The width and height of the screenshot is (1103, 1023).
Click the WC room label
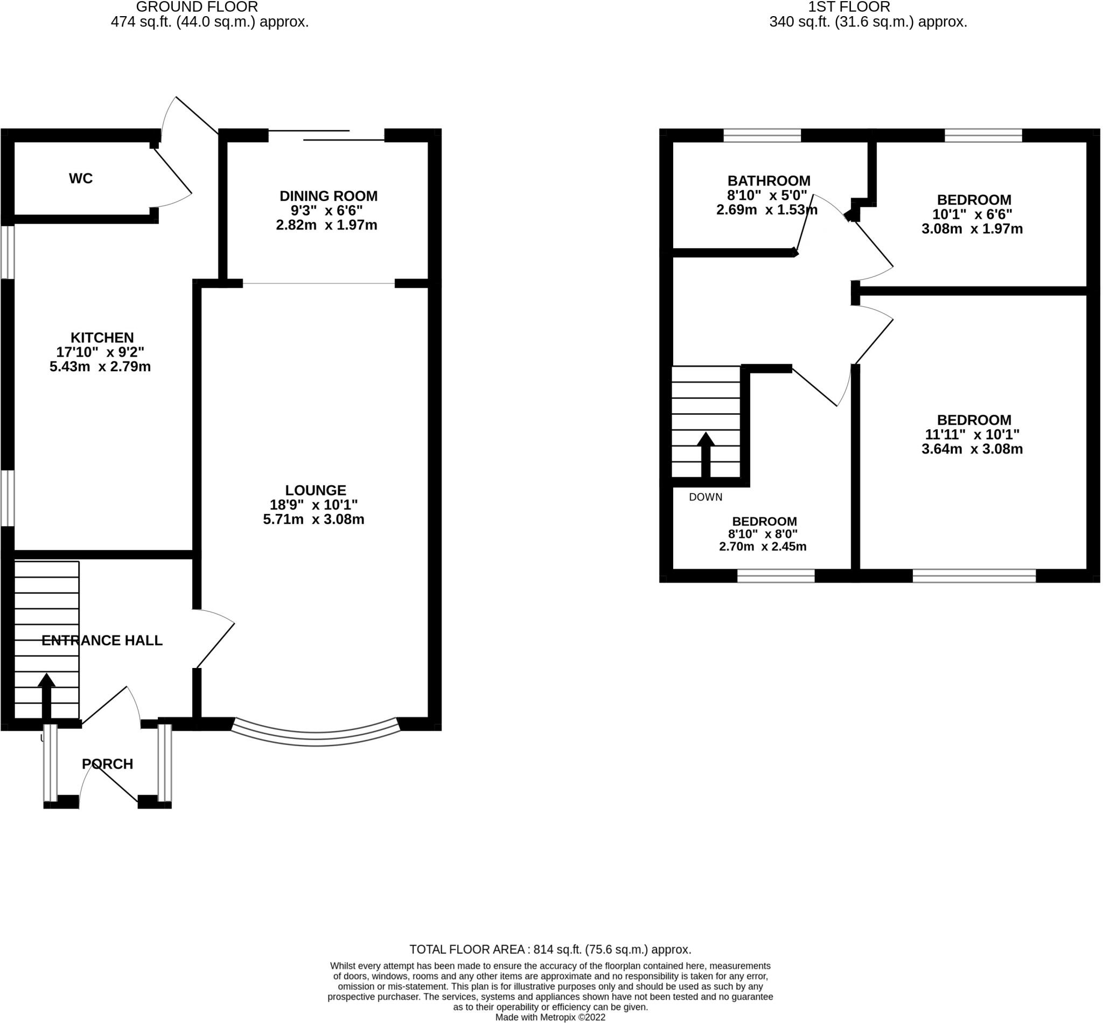pos(81,178)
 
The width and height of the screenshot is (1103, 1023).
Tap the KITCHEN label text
pos(102,337)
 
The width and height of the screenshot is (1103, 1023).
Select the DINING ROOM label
pos(328,196)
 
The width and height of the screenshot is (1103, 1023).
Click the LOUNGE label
pos(316,490)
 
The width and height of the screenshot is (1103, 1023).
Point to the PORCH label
pos(107,764)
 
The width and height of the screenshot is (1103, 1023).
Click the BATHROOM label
pos(769,180)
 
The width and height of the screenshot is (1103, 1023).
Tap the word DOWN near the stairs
pos(706,497)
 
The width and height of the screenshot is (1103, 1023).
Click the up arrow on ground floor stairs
pos(46,697)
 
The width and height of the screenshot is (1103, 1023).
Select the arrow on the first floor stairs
pos(706,455)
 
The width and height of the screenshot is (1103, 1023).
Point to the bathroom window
pos(762,135)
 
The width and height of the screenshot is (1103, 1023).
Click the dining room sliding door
pos(326,135)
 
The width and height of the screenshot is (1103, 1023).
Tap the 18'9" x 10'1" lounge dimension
pos(313,505)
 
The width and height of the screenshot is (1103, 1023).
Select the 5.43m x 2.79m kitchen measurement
pos(100,366)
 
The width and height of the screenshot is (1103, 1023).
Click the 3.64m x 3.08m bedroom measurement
pos(972,449)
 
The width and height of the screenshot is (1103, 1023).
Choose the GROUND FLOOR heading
pos(197,6)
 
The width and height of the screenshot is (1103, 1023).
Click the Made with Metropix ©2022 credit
pos(550,1018)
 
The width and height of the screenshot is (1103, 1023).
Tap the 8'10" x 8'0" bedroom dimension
pos(763,534)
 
